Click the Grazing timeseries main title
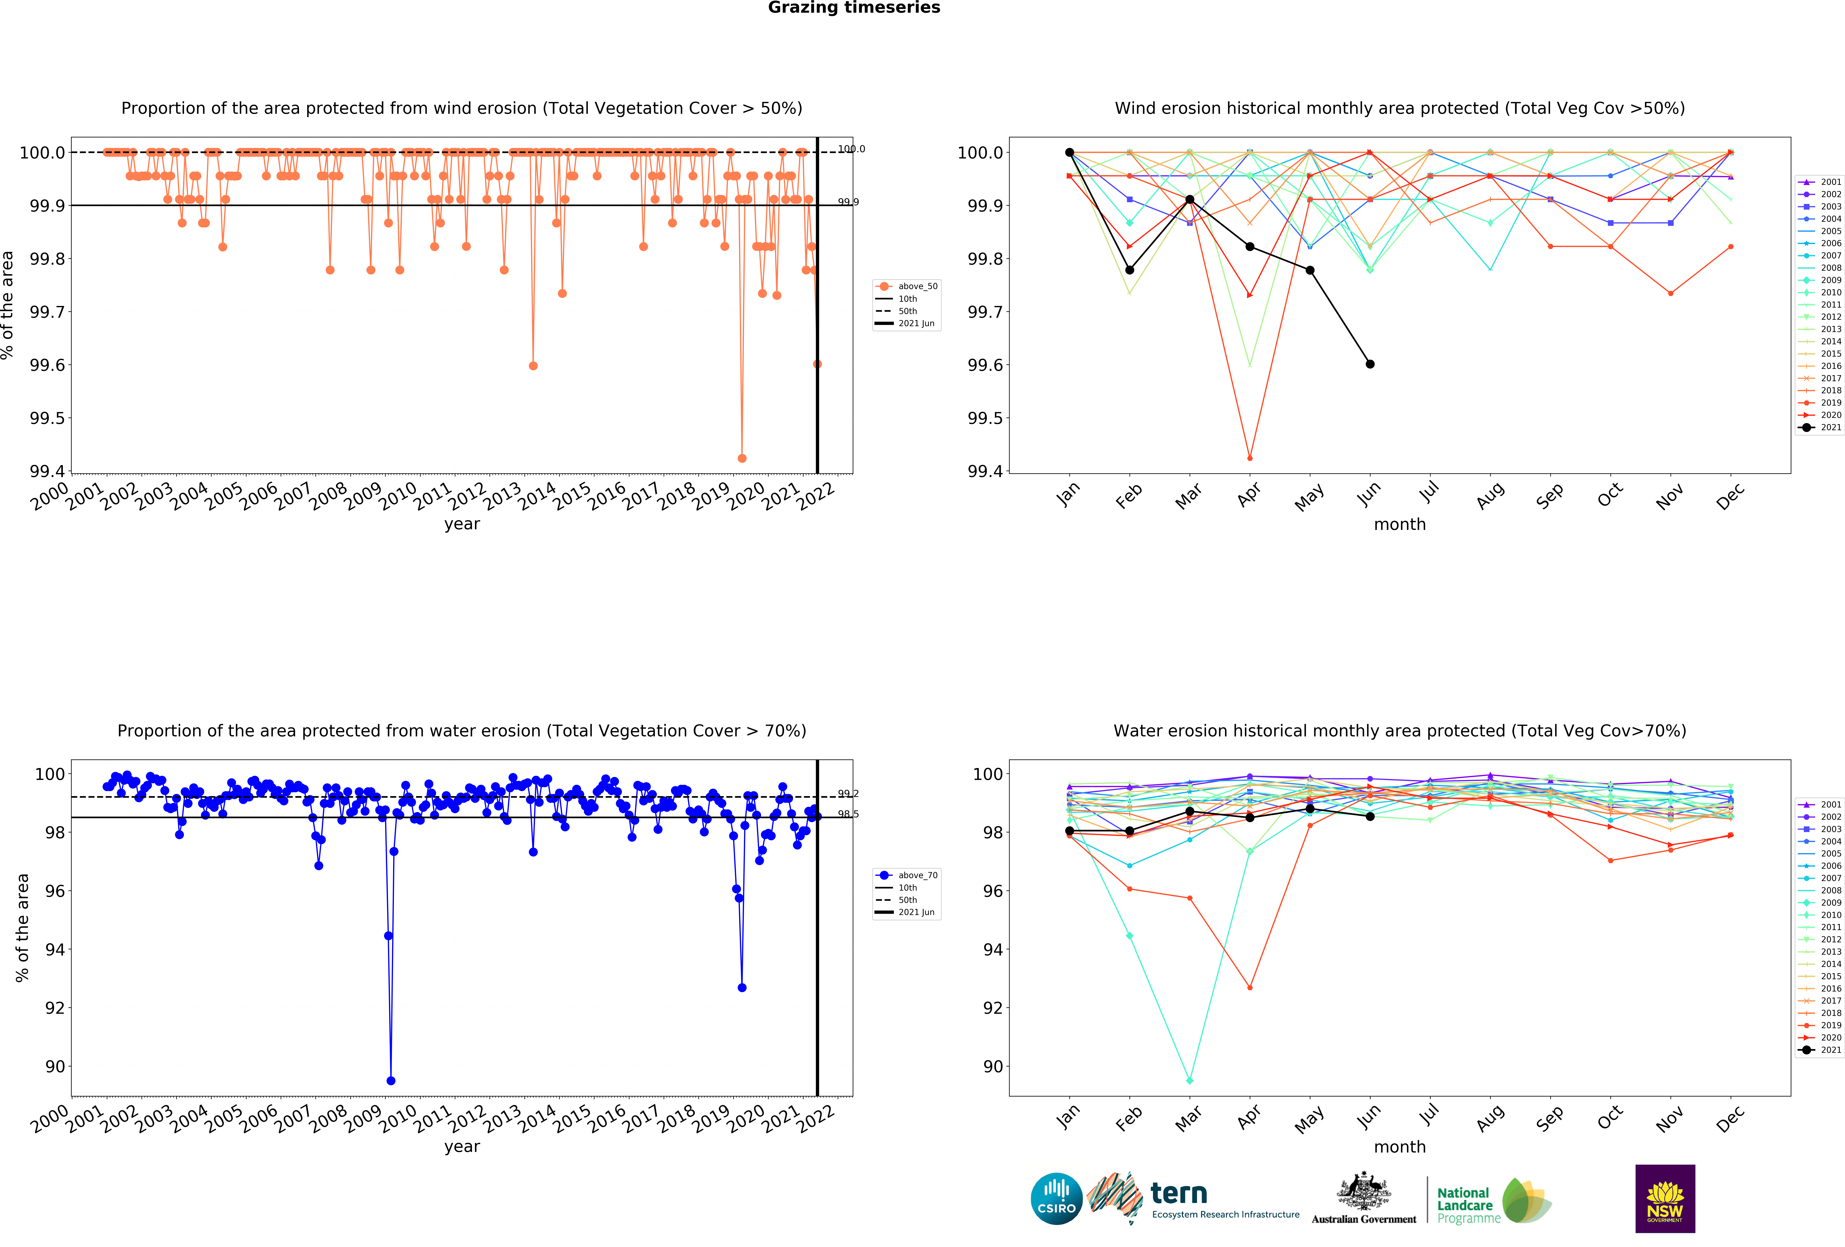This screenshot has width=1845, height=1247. (x=854, y=8)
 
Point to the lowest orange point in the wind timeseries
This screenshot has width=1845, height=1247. (x=741, y=458)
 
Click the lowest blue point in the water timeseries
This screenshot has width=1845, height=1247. (x=391, y=1080)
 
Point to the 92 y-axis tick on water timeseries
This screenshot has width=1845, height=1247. (x=55, y=1008)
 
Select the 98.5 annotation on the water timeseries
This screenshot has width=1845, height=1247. (x=848, y=814)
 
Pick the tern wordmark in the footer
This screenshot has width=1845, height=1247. (x=1179, y=1193)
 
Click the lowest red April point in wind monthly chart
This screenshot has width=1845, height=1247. (x=1250, y=458)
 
